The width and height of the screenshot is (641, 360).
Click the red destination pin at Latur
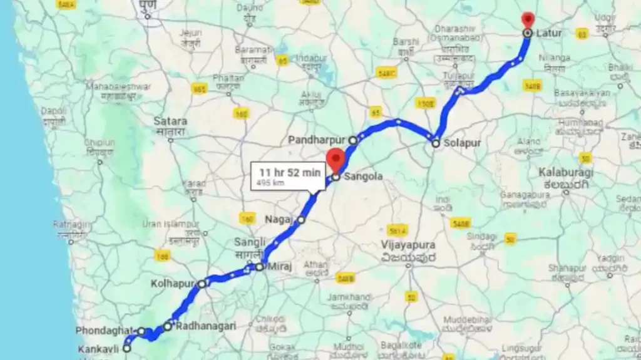(528, 19)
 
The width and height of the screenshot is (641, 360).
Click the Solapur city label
(462, 143)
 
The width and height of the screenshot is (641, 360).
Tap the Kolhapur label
(173, 284)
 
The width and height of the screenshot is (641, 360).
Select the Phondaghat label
(105, 331)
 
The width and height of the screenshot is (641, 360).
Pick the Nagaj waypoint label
(279, 220)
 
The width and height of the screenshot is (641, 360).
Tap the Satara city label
(170, 121)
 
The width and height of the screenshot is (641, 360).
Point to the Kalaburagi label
(566, 171)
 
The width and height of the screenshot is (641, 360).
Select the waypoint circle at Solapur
(436, 143)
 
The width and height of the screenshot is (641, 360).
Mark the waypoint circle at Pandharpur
(353, 140)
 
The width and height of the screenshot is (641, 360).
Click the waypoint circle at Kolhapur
(202, 284)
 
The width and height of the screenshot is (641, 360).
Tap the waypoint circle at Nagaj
(301, 220)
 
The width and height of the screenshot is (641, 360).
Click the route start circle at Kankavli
(127, 348)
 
